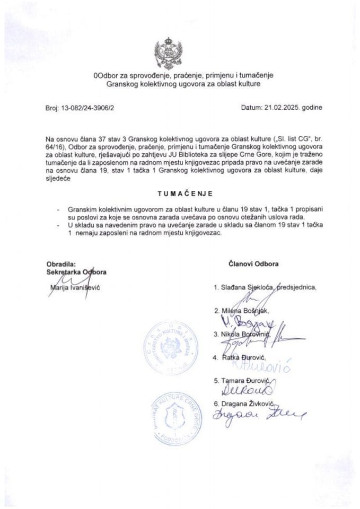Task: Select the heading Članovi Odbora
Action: tap(254, 263)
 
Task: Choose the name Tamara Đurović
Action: tap(247, 381)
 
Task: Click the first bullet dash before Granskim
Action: tap(57, 210)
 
